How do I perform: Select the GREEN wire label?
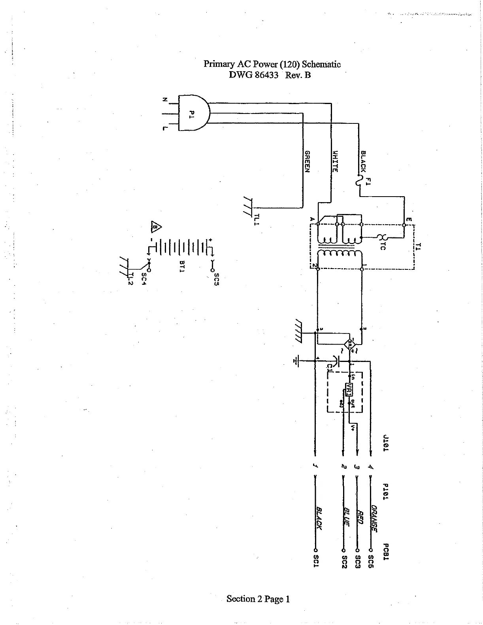[307, 161]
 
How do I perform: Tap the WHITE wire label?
[334, 161]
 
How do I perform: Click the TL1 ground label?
[257, 219]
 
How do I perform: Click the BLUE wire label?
[346, 517]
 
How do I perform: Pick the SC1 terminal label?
[316, 561]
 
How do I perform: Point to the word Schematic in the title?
[321, 64]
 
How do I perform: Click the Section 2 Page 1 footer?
[258, 599]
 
